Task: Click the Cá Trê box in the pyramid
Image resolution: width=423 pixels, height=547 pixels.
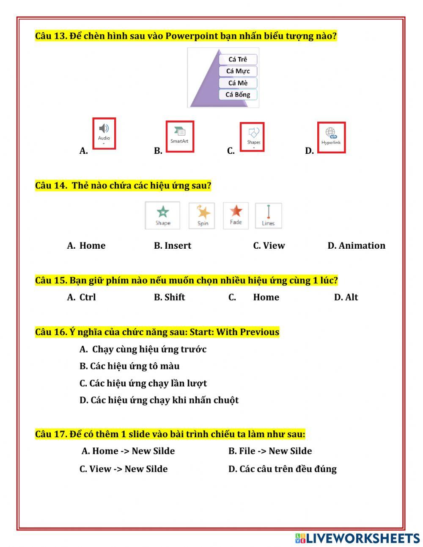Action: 238,59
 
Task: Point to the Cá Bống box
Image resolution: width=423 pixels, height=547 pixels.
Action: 238,94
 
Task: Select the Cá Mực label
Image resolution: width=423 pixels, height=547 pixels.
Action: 238,71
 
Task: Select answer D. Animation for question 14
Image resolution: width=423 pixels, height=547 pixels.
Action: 356,246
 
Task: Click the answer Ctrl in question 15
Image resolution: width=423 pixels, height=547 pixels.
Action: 88,297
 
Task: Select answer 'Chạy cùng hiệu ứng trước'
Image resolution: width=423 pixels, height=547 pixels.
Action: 149,349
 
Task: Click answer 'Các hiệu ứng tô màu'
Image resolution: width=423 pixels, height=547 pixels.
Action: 134,366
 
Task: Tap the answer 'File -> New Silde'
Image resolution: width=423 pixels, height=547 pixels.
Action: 275,451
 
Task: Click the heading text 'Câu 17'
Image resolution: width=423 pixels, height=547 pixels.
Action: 51,434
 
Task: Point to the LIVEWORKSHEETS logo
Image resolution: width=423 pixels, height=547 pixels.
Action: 357,539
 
